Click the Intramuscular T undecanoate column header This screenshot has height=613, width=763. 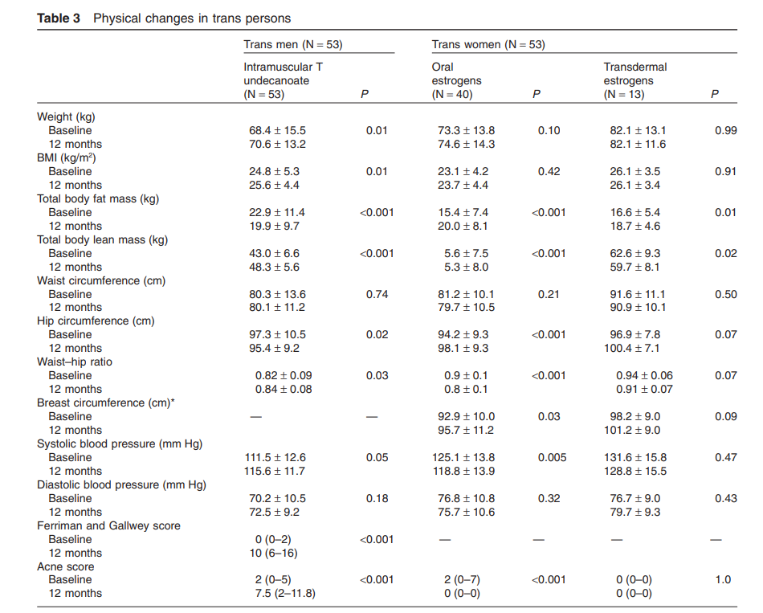[288, 80]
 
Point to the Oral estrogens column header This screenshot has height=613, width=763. [456, 80]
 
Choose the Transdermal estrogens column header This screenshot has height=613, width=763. [635, 80]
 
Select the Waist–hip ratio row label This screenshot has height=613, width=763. [75, 362]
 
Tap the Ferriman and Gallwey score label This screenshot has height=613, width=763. [108, 525]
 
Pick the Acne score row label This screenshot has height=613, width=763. [65, 566]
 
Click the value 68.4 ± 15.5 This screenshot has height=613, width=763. [277, 131]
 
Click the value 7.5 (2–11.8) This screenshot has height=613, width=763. [284, 594]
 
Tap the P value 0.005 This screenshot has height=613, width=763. [549, 457]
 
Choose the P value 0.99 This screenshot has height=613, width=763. [725, 131]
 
